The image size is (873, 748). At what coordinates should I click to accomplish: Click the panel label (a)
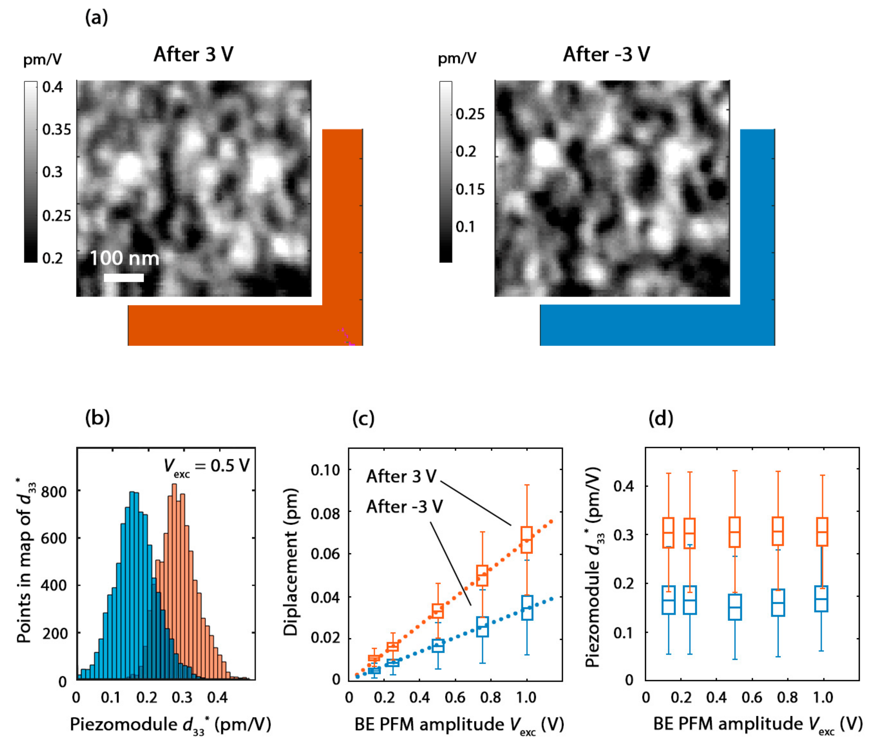point(96,18)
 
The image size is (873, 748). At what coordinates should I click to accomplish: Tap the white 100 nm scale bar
point(124,277)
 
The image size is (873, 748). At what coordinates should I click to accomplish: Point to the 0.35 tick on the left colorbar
point(56,129)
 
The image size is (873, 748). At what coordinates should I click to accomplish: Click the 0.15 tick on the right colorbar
point(470,189)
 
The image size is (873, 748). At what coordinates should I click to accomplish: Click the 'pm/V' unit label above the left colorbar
point(42,59)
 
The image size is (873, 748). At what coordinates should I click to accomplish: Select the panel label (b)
point(97,418)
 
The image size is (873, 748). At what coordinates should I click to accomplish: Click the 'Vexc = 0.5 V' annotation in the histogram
point(206,466)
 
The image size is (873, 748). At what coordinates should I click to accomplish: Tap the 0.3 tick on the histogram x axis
point(182,698)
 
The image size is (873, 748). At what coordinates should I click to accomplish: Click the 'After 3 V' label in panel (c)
point(401,476)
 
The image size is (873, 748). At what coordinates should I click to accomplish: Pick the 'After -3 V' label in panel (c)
point(404,506)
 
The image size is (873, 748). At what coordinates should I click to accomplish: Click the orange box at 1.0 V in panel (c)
point(527,540)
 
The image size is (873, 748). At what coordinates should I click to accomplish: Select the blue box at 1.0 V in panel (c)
point(527,607)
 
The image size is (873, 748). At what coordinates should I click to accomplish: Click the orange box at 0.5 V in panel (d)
point(734,532)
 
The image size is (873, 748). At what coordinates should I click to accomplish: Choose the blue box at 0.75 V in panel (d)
point(778,602)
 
